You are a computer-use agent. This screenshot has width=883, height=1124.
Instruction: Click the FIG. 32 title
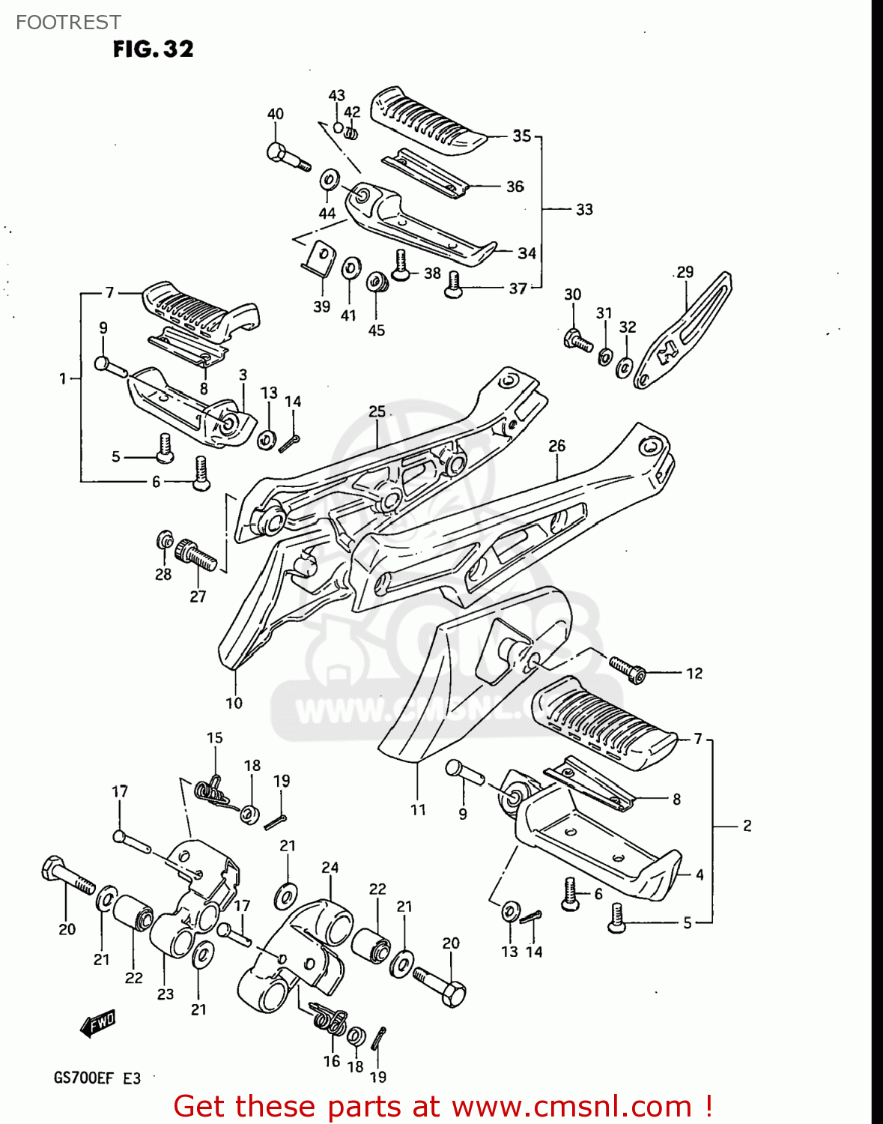153,49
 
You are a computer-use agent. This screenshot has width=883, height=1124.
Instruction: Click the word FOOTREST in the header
68,22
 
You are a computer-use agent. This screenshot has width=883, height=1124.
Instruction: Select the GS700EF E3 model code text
97,1078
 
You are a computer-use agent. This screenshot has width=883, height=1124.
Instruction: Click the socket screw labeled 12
627,668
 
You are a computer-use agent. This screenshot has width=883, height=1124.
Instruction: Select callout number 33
584,210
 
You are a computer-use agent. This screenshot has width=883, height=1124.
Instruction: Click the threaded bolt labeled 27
196,556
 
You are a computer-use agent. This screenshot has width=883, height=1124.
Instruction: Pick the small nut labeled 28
164,540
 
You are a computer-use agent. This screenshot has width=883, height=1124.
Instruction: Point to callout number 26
556,446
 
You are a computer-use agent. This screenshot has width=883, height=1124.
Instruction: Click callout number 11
418,809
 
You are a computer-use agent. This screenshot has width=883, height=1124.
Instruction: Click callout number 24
330,867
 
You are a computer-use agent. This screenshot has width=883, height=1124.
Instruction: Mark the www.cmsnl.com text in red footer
571,1106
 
